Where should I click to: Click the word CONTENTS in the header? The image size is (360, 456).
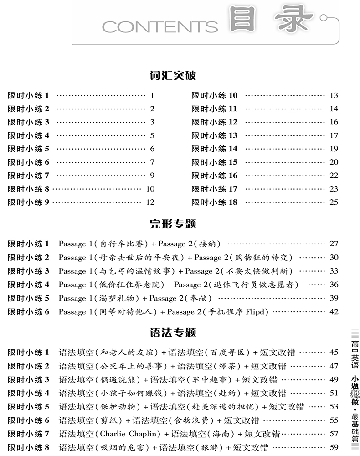click(160, 27)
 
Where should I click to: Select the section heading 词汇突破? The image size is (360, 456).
click(173, 76)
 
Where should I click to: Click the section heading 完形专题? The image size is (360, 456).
click(173, 224)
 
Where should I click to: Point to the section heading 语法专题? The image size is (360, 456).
click(173, 332)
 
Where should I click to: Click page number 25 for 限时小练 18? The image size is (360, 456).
click(334, 202)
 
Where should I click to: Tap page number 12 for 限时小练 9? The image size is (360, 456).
click(150, 202)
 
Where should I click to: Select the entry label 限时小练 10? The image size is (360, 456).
click(214, 95)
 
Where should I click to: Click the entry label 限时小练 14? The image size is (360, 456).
click(214, 149)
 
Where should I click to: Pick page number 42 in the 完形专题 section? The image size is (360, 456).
click(334, 312)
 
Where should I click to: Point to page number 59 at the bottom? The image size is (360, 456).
click(334, 447)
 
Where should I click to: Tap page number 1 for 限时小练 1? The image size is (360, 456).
click(152, 95)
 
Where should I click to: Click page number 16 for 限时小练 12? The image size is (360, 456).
click(334, 122)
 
